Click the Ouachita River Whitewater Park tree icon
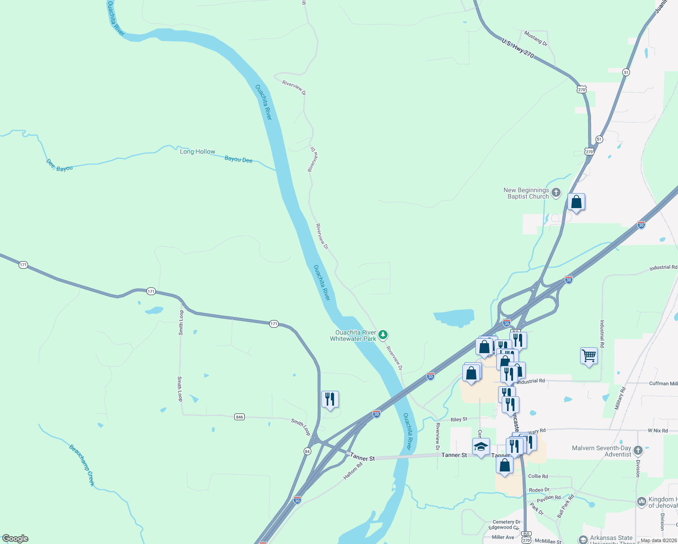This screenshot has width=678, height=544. pos(383,335)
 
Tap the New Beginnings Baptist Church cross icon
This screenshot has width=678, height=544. pos(556,193)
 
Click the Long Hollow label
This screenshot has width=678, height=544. pos(198,151)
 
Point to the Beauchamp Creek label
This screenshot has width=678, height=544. pos(82,465)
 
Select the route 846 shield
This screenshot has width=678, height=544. pos(239,417)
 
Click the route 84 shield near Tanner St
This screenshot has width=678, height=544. pos(307,452)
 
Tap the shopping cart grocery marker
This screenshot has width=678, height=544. pos(589,356)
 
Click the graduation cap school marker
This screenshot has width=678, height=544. pos(481,447)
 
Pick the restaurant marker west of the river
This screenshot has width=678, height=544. pos(330,399)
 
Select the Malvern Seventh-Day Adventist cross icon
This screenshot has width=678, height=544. pos(638,451)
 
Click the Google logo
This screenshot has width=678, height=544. pos(15,539)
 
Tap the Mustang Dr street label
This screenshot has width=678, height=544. pos(536,39)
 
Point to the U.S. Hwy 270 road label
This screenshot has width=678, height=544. pos(518,48)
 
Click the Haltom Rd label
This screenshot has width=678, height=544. pos(353,471)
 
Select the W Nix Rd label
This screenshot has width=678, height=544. pos(658,431)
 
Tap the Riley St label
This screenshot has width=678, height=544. pos(459,419)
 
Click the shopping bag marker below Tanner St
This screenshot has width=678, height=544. pos(504,465)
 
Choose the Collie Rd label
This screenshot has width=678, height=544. pos(538,476)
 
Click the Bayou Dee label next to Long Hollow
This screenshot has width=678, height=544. pos(238,159)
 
